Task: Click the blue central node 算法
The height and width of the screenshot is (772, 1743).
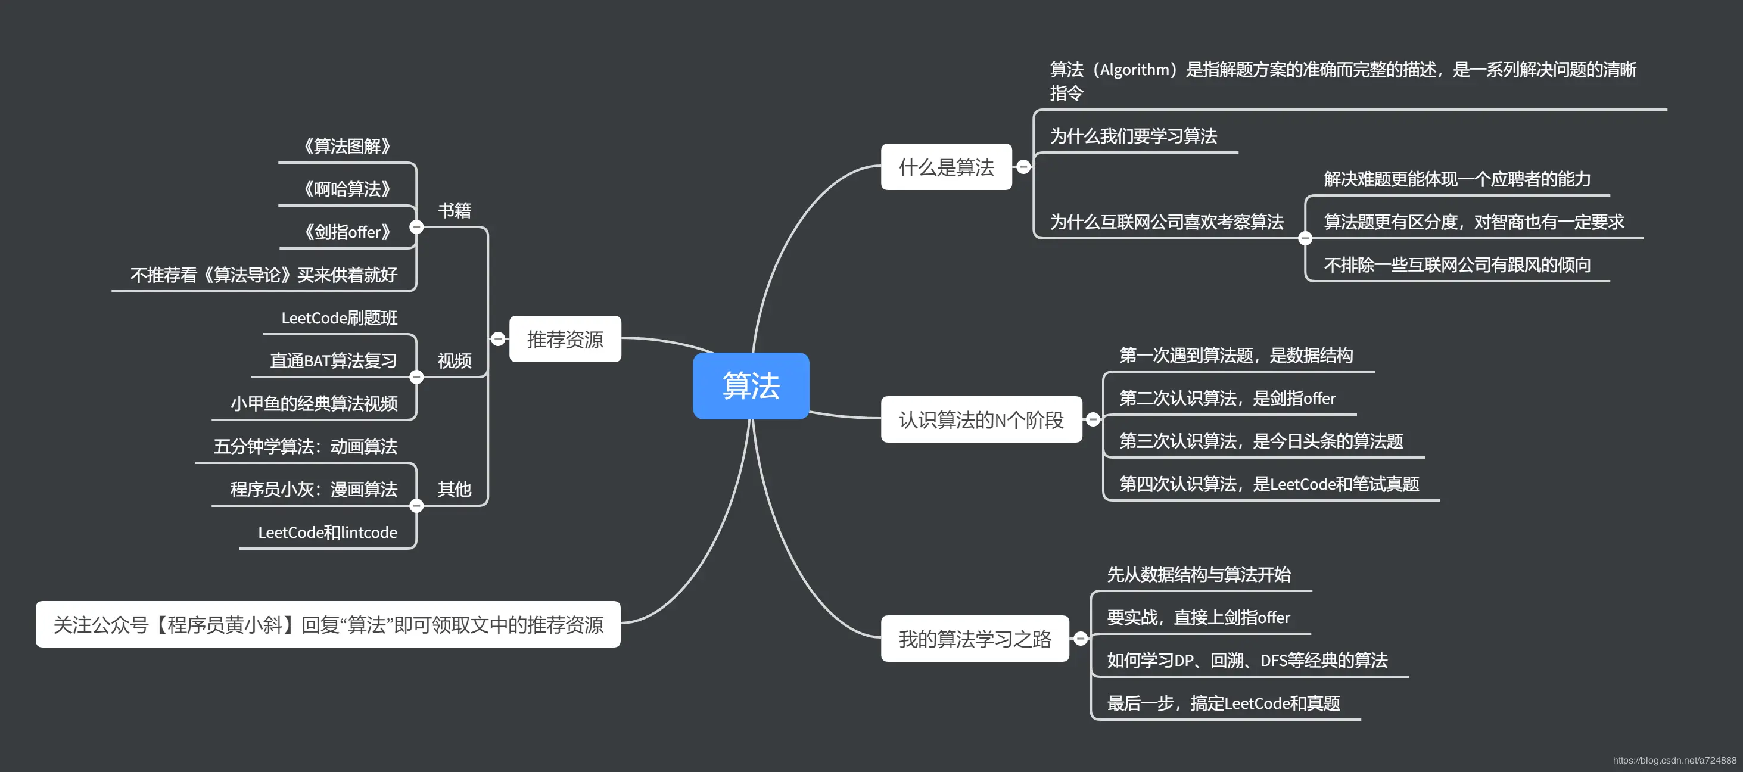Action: coord(751,385)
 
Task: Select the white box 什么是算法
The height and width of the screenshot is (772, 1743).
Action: coord(946,167)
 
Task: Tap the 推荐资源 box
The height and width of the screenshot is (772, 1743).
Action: coord(565,339)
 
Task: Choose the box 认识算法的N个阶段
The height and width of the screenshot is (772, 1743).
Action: coord(981,419)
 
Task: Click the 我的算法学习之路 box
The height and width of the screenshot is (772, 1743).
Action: coord(975,639)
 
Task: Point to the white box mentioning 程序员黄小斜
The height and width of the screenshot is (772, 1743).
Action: coord(328,624)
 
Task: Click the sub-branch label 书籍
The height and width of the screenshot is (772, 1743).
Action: coord(454,210)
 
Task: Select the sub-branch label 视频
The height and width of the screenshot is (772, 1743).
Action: coord(454,360)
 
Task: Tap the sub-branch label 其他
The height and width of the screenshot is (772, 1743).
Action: coord(454,489)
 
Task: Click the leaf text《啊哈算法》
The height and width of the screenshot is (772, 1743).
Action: coord(347,189)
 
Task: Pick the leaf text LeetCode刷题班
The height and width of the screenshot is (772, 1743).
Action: coord(339,318)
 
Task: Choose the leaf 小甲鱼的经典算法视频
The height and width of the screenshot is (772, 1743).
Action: coord(314,404)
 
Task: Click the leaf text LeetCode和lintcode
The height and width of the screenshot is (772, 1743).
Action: coord(328,533)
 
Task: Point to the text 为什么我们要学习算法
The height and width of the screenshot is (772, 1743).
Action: coord(1134,136)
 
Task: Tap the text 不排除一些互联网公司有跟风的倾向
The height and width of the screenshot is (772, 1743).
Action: coord(1457,264)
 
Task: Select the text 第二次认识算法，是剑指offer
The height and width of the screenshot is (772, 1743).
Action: coord(1227,398)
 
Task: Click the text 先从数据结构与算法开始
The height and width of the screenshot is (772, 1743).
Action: coord(1199,574)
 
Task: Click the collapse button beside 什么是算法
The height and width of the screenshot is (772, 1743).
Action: coord(1024,167)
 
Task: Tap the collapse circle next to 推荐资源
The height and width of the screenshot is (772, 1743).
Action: coord(498,339)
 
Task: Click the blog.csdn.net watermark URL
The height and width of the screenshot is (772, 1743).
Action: coord(1674,761)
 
